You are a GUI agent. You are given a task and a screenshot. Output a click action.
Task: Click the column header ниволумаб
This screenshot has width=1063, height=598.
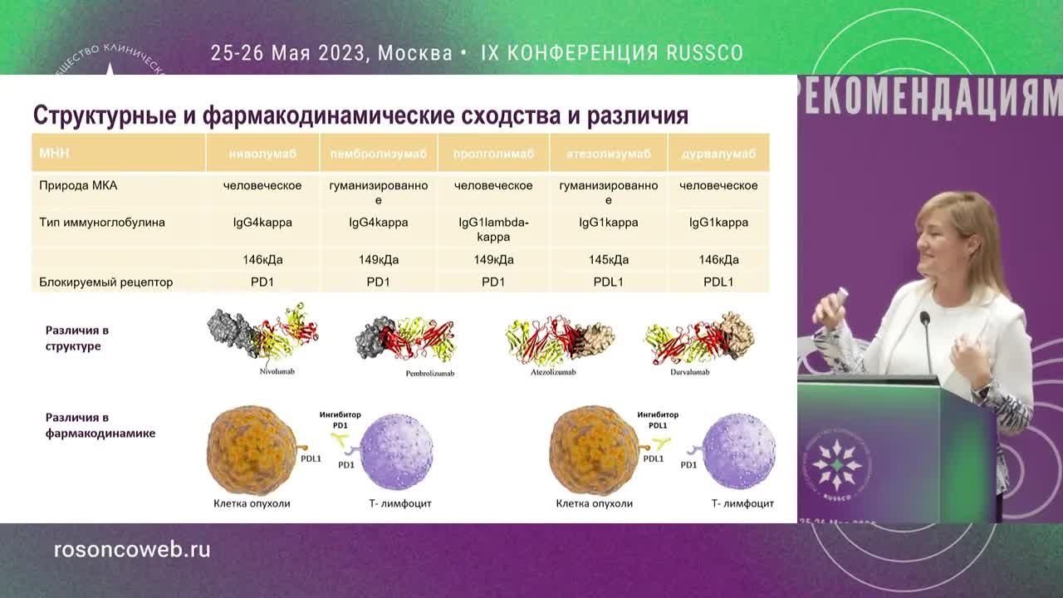point(262,154)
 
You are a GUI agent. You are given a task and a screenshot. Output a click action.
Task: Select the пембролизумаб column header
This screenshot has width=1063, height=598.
point(378,154)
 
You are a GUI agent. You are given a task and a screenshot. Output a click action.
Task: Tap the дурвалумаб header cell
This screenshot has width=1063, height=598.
point(718,154)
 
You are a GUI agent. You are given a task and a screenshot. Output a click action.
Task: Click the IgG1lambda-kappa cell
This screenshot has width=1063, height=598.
point(493,229)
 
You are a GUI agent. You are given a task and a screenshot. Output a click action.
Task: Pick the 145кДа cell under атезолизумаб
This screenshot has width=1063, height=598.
point(608,260)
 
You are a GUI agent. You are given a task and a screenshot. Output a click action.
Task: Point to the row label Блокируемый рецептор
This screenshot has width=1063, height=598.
point(106,282)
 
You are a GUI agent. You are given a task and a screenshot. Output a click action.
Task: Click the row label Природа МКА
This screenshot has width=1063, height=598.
point(78,185)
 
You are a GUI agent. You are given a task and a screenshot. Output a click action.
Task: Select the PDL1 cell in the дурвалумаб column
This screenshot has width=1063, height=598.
point(718,282)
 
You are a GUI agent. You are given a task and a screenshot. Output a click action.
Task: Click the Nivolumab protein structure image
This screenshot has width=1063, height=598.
point(262,335)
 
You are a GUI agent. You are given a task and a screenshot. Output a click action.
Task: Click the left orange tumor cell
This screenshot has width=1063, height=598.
point(252,449)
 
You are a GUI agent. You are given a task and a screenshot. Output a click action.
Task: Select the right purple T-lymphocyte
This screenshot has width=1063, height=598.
point(739,451)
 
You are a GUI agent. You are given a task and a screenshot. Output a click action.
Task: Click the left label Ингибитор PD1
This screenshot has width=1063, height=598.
point(340,419)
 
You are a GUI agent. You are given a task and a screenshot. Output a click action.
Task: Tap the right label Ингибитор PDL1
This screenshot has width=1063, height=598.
point(658,419)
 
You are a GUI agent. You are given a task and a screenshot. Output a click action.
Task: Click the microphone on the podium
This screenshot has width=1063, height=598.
point(925,321)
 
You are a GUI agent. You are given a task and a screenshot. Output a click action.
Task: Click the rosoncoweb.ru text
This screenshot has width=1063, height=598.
point(132,550)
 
